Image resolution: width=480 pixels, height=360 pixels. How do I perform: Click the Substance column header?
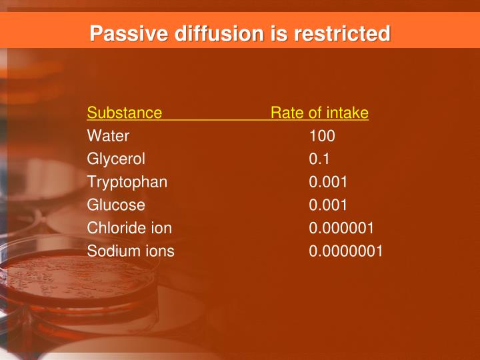[x=124, y=113]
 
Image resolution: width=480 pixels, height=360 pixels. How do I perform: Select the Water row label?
[x=108, y=136]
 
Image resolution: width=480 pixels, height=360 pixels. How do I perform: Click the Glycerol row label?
[x=116, y=159]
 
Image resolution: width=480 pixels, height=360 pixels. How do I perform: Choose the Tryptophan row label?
[x=127, y=182]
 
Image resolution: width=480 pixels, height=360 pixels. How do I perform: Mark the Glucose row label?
[x=116, y=205]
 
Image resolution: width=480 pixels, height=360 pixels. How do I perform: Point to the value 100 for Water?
[x=322, y=136]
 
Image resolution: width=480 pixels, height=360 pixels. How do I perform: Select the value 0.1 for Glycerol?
[x=319, y=159]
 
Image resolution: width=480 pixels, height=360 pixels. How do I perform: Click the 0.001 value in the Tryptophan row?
[x=328, y=182]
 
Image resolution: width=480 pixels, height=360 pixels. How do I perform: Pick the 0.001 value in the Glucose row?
[x=328, y=205]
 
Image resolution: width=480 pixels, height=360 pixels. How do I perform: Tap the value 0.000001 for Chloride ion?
[x=341, y=228]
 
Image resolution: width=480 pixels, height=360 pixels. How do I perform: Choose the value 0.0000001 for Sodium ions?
[x=346, y=251]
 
